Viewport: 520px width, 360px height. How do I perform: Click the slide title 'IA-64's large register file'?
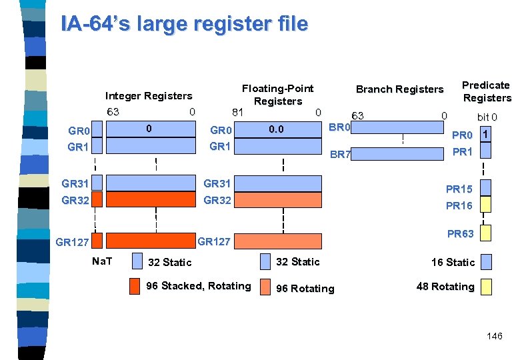point(184,24)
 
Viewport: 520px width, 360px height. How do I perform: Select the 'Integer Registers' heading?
point(149,96)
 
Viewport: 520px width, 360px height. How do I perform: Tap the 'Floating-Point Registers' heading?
point(277,95)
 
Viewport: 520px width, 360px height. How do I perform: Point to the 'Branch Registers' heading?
point(399,89)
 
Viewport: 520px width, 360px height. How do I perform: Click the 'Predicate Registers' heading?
point(486,91)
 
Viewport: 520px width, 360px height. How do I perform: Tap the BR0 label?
point(340,127)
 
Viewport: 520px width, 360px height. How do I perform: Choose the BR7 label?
point(340,154)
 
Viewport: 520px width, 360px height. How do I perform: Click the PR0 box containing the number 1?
point(486,135)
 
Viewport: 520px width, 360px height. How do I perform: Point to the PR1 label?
point(462,152)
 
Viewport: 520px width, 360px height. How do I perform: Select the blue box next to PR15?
point(486,188)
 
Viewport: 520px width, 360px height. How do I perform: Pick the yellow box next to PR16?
point(486,205)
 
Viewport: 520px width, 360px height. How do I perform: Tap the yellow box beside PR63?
point(486,233)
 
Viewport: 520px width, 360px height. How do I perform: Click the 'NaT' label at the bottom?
point(102,261)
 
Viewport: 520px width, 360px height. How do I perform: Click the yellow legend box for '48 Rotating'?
point(486,287)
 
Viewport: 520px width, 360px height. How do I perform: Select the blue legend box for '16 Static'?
point(486,261)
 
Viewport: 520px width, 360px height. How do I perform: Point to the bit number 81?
point(235,111)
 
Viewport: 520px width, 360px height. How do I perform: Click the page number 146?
point(495,337)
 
